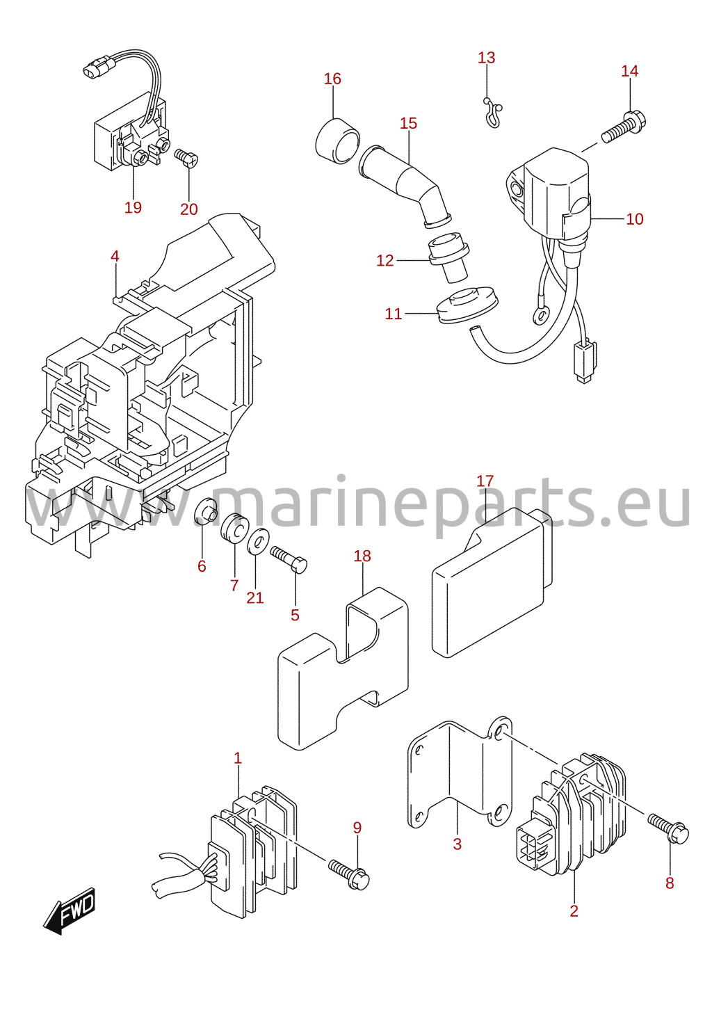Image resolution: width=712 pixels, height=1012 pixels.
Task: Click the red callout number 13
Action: tap(487, 58)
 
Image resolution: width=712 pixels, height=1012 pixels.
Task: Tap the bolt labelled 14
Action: tap(624, 127)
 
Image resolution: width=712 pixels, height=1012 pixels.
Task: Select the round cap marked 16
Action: tap(337, 140)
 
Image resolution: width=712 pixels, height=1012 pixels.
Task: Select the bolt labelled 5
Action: tap(289, 559)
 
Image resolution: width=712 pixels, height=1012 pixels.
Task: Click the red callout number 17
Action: tap(485, 481)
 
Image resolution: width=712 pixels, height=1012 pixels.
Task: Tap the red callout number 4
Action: tap(115, 257)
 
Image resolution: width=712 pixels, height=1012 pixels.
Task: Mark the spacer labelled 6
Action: tap(207, 510)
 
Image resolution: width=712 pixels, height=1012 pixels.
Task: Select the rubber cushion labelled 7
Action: tap(235, 528)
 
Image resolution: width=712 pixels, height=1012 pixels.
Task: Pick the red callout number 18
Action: tap(362, 556)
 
